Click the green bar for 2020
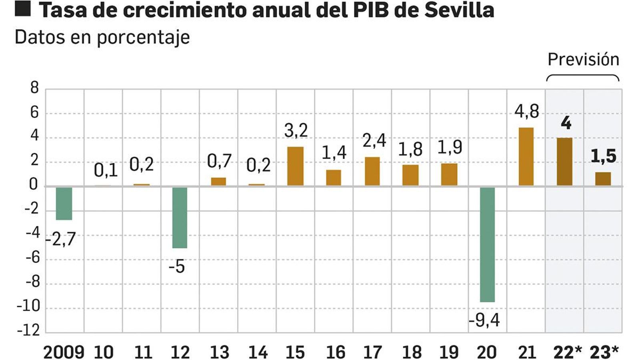[487, 244]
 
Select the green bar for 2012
[180, 217]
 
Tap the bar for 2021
[526, 157]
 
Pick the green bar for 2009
[64, 203]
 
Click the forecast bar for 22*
[564, 162]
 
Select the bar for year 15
[295, 166]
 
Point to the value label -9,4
[484, 320]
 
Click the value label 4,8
[526, 111]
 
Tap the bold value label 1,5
[603, 156]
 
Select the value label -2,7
[61, 239]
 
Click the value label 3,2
[296, 130]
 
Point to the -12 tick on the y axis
[29, 330]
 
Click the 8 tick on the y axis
[34, 88]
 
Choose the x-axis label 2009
[64, 352]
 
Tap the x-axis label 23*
[604, 352]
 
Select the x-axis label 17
[372, 352]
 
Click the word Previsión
[583, 60]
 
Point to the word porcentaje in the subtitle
[143, 38]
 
